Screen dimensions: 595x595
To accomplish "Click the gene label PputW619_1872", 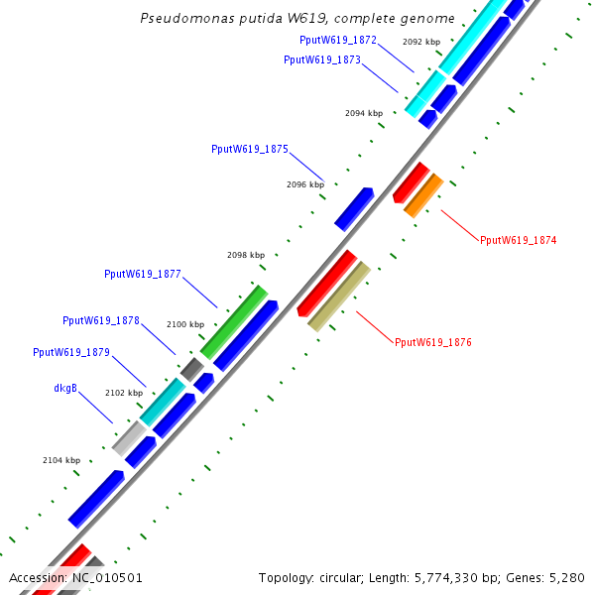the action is tap(337, 40).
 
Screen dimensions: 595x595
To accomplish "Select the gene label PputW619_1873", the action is tap(322, 59).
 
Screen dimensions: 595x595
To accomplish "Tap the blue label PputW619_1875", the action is tap(250, 149).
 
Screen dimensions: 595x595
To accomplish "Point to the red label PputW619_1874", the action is tap(518, 240).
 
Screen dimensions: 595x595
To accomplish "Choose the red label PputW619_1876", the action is tap(432, 342).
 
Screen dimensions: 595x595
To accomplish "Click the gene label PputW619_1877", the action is tap(143, 274).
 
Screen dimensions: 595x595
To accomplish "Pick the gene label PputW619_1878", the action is tap(101, 320).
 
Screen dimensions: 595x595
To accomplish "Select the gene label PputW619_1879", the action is tap(71, 352).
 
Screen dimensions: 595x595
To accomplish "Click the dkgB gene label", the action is tap(65, 388).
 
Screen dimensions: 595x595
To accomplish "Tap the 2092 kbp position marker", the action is tap(421, 42).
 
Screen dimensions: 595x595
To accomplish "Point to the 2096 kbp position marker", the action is tap(305, 184).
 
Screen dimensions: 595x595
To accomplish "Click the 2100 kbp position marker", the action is tap(185, 324).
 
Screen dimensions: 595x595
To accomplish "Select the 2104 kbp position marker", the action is tap(61, 460).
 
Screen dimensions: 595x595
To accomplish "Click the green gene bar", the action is tap(234, 321).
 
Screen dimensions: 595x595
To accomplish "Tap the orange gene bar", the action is tap(423, 194).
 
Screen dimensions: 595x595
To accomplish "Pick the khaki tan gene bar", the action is tap(339, 296).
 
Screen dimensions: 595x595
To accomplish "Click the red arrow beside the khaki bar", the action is tap(327, 283).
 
